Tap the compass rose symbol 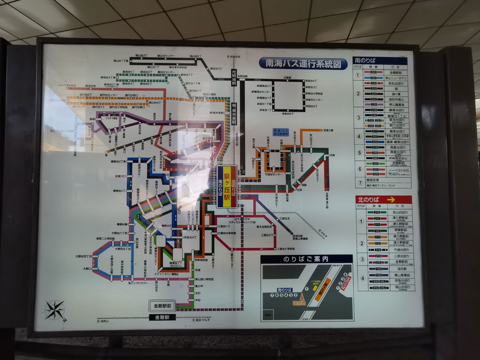[55, 310]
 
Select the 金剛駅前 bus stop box [162, 306]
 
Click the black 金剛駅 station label [162, 317]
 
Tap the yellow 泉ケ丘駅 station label [227, 187]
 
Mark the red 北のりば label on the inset [347, 283]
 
